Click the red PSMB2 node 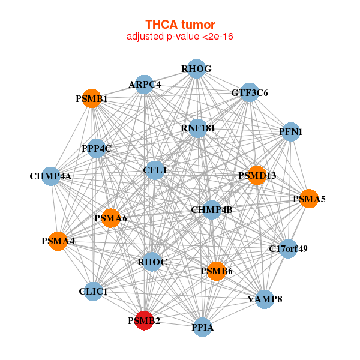(x=144, y=321)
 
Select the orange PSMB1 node (x=91, y=98)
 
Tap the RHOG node (x=196, y=69)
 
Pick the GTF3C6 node (x=249, y=92)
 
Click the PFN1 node (x=290, y=132)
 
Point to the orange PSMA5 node (x=309, y=199)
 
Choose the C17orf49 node (x=289, y=248)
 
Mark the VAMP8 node (x=265, y=298)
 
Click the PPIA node (x=203, y=327)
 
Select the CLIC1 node (x=93, y=292)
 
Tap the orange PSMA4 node (x=58, y=241)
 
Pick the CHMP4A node (x=50, y=176)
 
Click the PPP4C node (x=97, y=148)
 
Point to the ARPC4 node (x=145, y=85)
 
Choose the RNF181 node (x=197, y=128)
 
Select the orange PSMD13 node (x=257, y=175)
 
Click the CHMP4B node (x=212, y=210)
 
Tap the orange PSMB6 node (x=216, y=271)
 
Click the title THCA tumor (x=180, y=25)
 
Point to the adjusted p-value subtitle (x=180, y=37)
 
